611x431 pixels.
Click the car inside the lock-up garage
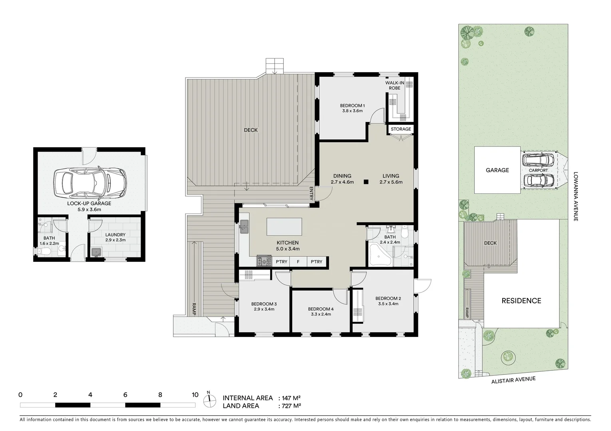pos(90,183)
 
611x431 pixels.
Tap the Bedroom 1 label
pos(352,105)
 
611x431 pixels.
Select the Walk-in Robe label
pos(394,85)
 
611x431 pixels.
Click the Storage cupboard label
pos(401,129)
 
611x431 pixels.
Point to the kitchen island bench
pos(284,227)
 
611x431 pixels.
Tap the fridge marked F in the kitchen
pos(298,262)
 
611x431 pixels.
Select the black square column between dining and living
pos(366,182)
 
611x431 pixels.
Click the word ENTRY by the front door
pos(312,194)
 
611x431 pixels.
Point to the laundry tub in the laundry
pos(96,252)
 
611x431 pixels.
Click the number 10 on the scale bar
pos(195,395)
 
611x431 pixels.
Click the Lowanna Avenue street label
pos(575,196)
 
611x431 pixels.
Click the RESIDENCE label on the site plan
pos(521,301)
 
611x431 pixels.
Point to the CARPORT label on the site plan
pos(538,170)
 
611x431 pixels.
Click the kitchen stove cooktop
pos(265,262)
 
